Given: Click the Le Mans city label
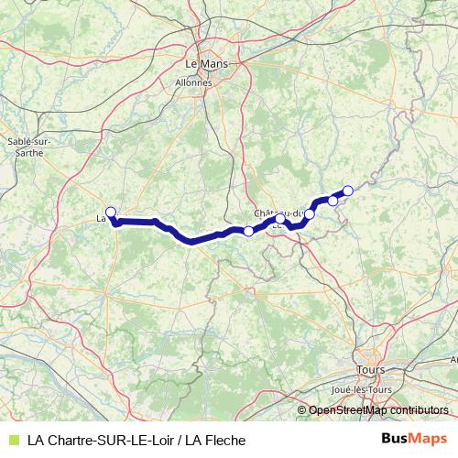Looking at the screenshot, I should [206, 65].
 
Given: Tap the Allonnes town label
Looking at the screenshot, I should [192, 82].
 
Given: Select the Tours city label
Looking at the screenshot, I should [371, 370].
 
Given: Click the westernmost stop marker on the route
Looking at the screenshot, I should [111, 213].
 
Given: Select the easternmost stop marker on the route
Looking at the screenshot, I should [348, 191].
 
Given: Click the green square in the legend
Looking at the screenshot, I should [12, 440].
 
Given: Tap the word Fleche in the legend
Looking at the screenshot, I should [225, 440].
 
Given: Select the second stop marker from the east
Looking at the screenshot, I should [333, 200].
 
